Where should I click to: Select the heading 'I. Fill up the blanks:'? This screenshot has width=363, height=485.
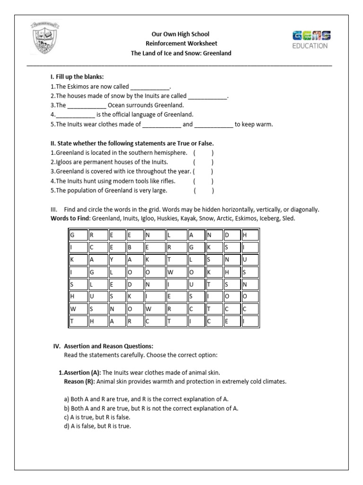77,77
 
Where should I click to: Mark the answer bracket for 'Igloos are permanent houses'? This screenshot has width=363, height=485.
203,162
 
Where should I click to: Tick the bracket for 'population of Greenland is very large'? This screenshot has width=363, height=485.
203,190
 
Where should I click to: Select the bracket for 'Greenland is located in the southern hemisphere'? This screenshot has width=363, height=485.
203,153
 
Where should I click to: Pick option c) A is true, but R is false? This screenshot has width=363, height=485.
96,417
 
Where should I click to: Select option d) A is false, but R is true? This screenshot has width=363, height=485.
97,426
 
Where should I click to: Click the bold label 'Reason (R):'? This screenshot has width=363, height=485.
79,381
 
